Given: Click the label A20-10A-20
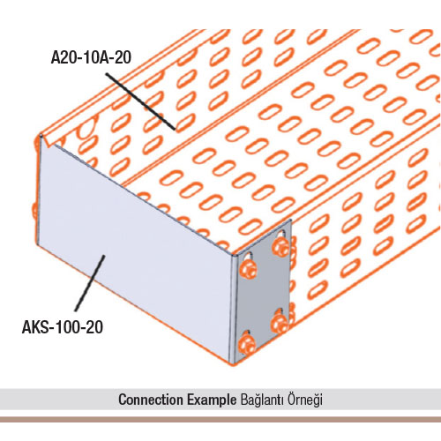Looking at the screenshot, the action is click(x=91, y=57).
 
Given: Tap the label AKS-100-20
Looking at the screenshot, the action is click(x=63, y=327).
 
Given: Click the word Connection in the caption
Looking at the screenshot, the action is click(x=151, y=400).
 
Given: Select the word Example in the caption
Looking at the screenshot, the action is click(x=212, y=400).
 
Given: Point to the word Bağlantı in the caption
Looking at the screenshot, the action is click(x=263, y=400).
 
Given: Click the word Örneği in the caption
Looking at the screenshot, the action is click(x=305, y=400).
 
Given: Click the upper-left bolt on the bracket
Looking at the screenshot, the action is click(x=249, y=269).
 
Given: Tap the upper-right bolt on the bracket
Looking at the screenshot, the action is click(x=280, y=246).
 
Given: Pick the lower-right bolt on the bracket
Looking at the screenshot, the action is click(x=280, y=322).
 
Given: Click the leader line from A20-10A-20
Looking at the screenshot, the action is click(x=140, y=101).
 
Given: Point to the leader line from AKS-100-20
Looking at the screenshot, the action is click(x=90, y=283).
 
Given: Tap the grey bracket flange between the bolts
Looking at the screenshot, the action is click(x=264, y=294).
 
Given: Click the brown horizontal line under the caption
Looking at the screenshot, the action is click(x=220, y=420).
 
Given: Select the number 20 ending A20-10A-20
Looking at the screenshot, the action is click(x=123, y=57).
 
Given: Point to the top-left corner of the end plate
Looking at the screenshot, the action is click(x=40, y=135).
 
